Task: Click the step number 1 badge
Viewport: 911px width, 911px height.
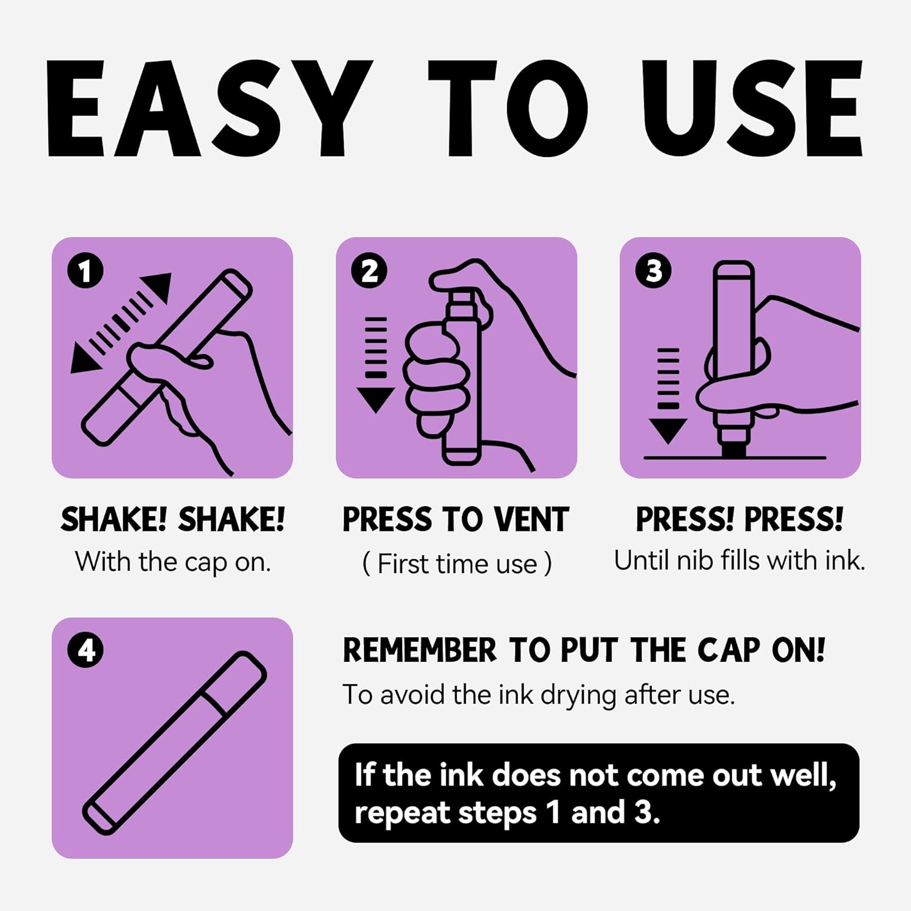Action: click(x=86, y=271)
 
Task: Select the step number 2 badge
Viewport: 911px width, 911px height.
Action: click(x=369, y=271)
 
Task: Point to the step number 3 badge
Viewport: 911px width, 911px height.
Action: click(x=653, y=271)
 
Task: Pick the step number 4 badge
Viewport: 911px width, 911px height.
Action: click(x=86, y=650)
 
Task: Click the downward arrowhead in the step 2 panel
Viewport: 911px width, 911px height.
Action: click(x=375, y=398)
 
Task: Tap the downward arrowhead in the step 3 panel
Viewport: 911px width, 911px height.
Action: click(x=668, y=430)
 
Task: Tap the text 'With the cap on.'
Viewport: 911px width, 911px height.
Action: click(x=172, y=562)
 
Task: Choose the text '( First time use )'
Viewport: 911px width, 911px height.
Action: click(x=457, y=564)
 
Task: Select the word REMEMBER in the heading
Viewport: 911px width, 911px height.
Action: click(x=420, y=650)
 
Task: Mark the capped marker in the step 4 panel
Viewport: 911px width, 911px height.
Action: click(x=174, y=743)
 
